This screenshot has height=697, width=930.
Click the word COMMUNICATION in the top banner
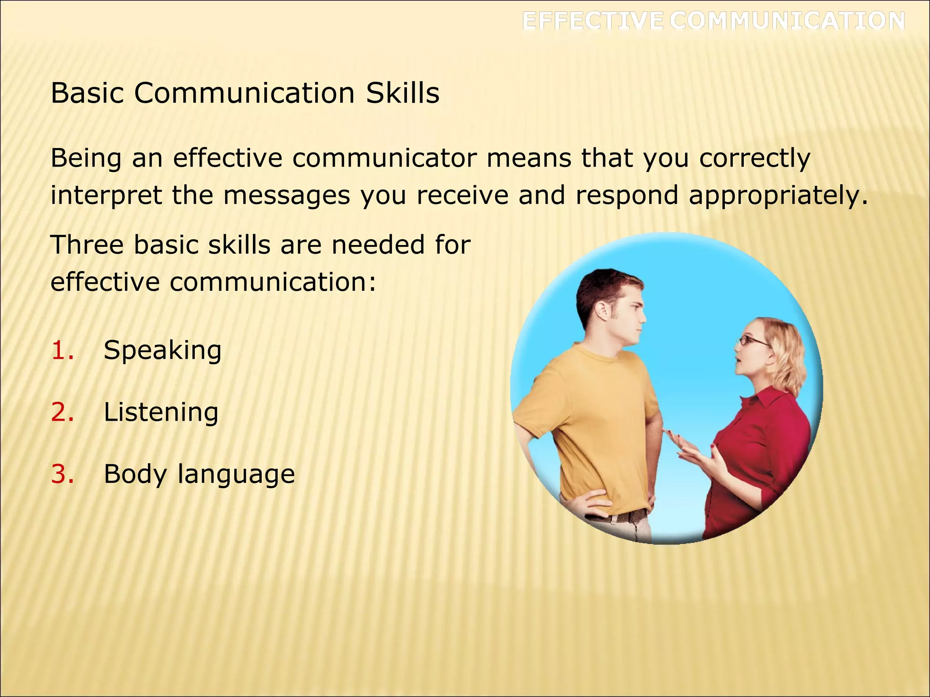(x=787, y=21)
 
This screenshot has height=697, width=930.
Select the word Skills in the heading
(x=403, y=93)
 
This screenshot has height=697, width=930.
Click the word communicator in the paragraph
(x=384, y=158)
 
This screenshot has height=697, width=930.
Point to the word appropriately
(x=778, y=196)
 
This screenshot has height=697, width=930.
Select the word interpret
(x=106, y=196)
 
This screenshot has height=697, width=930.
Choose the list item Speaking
(x=163, y=351)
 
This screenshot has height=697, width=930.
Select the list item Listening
(x=161, y=412)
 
